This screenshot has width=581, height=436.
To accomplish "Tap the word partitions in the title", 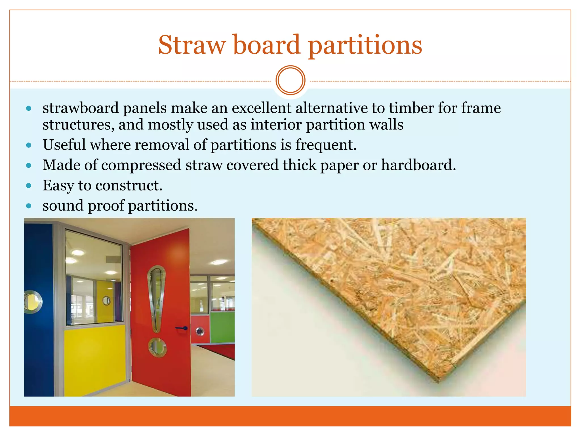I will point(365,45).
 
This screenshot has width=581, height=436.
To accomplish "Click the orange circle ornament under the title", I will point(290,80).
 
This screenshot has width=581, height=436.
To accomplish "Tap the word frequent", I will point(326,145).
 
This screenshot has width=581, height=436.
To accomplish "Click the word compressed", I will point(141,165).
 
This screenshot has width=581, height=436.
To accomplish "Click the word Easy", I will point(58,186).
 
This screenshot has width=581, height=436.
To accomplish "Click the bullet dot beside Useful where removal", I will point(29,145).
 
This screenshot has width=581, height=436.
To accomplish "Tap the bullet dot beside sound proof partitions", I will point(29,206).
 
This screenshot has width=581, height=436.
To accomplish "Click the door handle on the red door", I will point(181,328).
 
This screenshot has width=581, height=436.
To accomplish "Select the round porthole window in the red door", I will point(157,347).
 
